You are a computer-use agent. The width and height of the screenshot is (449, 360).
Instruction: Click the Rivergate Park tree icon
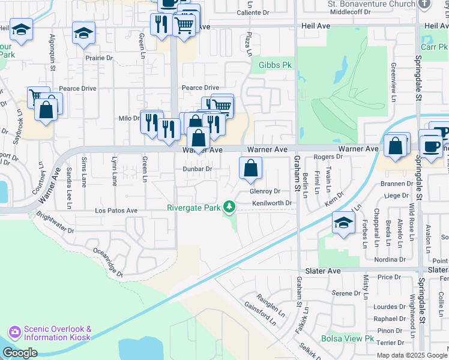(228, 207)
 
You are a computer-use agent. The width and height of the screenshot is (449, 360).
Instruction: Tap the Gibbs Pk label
(275, 65)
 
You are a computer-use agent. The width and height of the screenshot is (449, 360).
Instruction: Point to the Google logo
(20, 353)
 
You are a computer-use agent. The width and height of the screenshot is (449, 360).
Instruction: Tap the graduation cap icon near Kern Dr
(343, 223)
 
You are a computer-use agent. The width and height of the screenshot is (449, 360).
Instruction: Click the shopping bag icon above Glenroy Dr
(250, 168)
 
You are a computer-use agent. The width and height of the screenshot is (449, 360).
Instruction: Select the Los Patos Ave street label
(116, 211)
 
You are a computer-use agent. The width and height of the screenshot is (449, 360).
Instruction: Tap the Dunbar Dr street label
(197, 169)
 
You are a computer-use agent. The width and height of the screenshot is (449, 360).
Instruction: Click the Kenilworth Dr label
(271, 203)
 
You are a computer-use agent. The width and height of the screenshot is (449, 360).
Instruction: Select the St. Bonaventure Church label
(371, 4)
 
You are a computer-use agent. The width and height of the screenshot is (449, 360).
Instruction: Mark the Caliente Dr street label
(253, 13)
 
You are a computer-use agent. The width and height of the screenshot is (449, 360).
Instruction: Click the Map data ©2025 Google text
(411, 355)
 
